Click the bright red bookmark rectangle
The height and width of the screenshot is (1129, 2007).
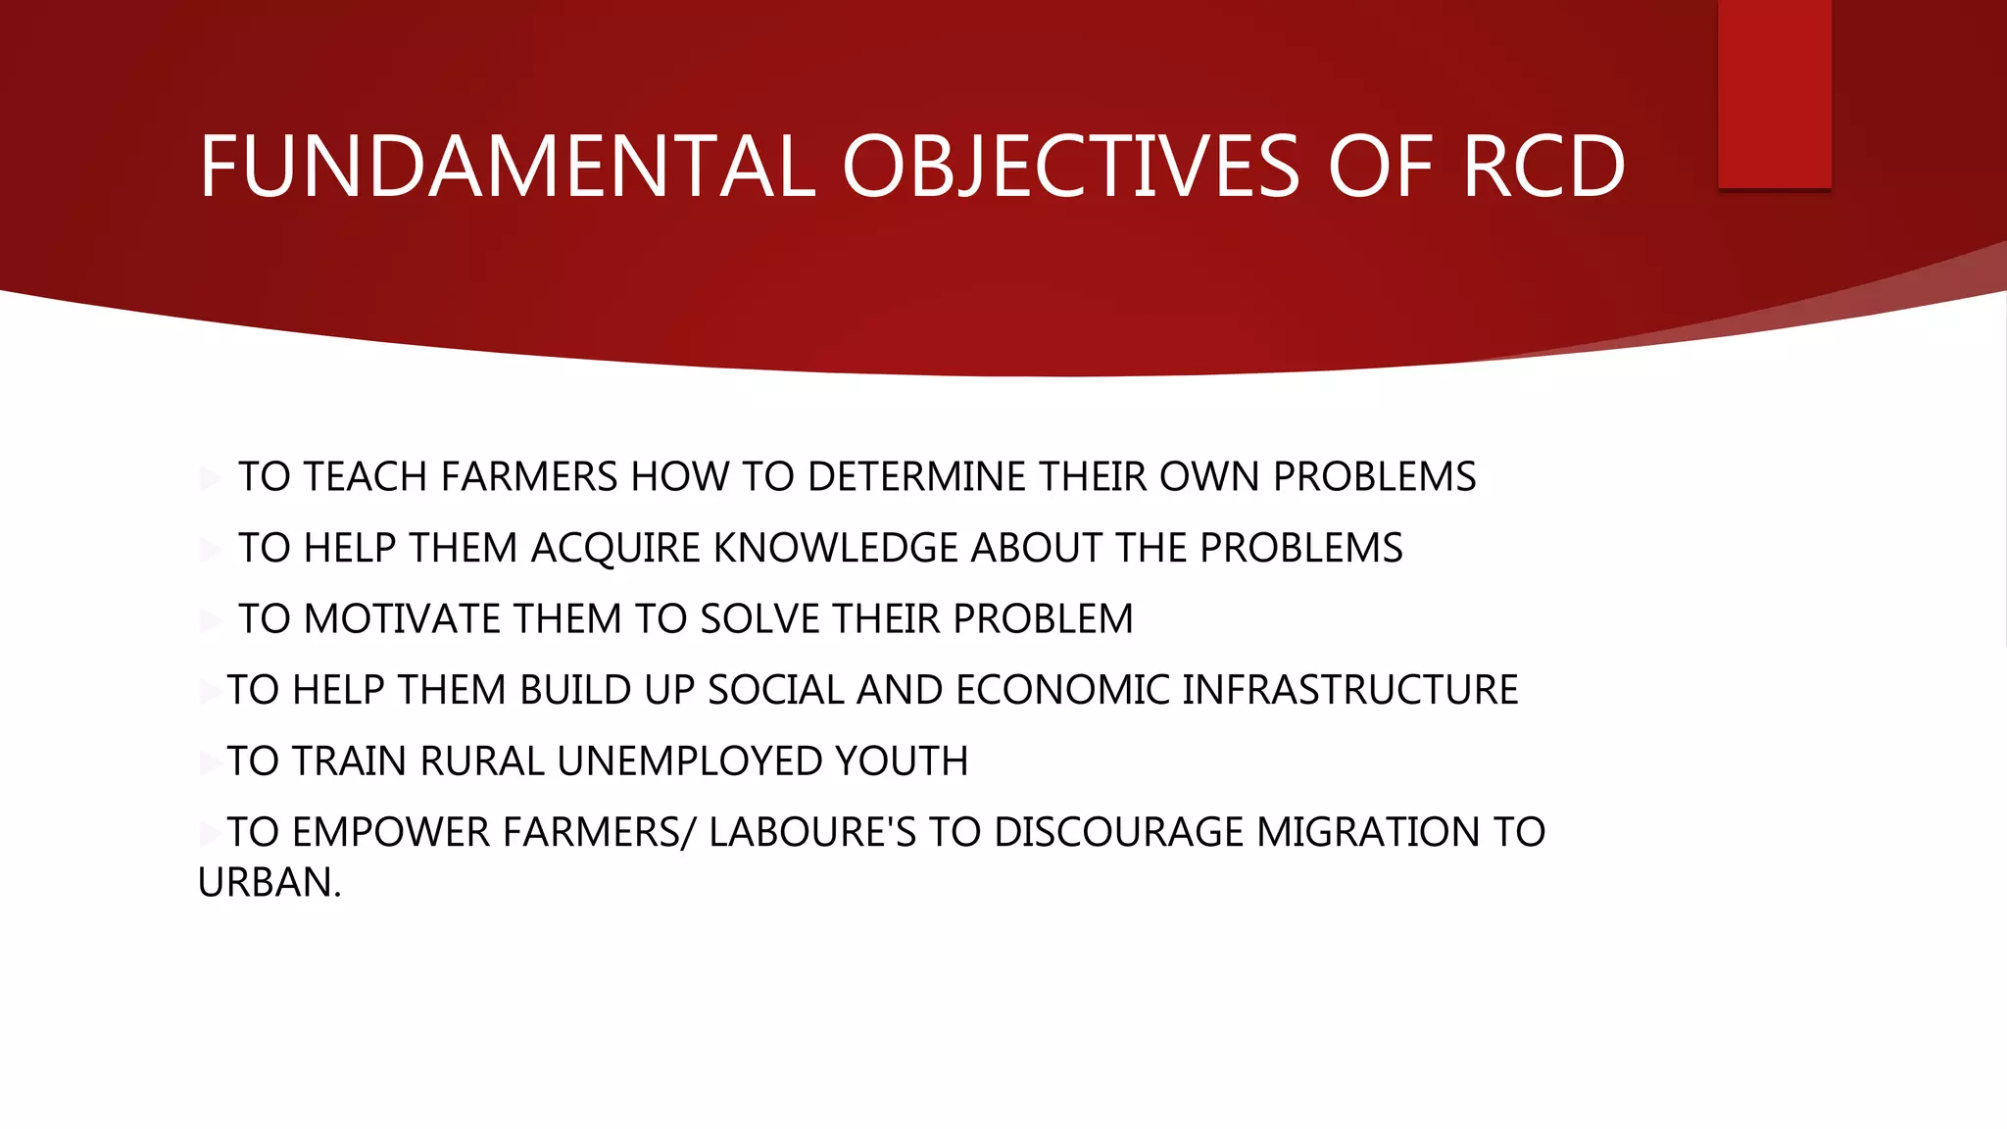tap(1774, 94)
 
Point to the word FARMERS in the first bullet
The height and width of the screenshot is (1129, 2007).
tap(529, 477)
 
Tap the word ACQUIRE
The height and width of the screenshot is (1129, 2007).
tap(615, 549)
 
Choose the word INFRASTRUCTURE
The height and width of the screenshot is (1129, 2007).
tap(1349, 691)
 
